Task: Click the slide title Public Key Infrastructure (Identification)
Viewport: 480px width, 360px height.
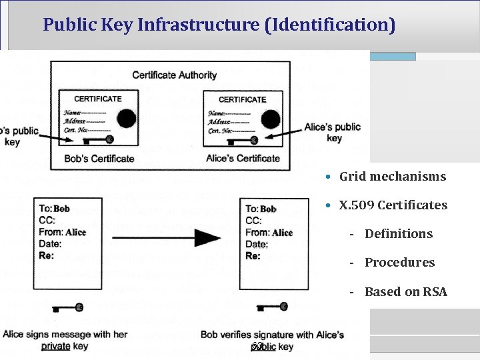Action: click(219, 25)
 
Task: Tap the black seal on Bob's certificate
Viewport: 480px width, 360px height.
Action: click(127, 119)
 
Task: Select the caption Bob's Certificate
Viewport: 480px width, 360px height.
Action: click(99, 159)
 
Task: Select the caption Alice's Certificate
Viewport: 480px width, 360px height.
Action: click(243, 159)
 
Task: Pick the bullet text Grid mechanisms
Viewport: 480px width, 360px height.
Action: click(392, 177)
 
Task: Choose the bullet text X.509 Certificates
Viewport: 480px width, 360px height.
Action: click(393, 205)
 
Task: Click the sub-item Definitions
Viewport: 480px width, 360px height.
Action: click(398, 234)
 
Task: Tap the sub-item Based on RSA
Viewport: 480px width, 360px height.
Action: click(405, 292)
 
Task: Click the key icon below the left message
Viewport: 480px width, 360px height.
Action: click(67, 307)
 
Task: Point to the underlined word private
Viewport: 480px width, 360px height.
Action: click(56, 347)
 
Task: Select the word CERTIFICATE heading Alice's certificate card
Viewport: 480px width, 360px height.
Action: click(243, 99)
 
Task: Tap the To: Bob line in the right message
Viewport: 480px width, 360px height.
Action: click(261, 209)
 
